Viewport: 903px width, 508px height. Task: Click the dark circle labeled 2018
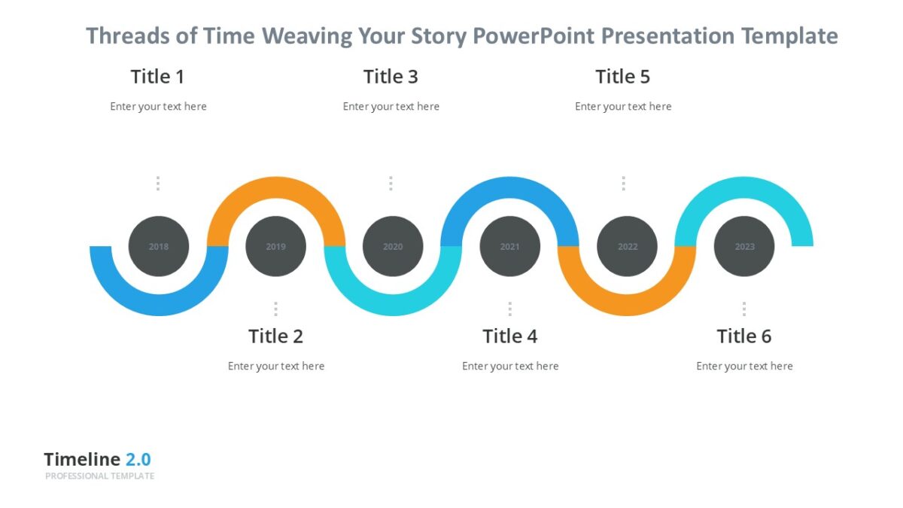coord(159,246)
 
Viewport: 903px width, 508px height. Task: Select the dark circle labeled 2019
coord(275,246)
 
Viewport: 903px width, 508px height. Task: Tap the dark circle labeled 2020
coord(393,246)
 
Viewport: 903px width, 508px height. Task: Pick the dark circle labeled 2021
coord(509,246)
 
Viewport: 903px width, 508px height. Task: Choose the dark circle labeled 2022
coord(627,246)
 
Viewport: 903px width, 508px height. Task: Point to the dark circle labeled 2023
coord(744,246)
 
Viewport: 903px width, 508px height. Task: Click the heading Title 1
coord(157,77)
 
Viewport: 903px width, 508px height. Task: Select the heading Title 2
coord(275,336)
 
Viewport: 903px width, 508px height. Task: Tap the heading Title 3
coord(391,77)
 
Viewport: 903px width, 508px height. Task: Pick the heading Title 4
coord(509,336)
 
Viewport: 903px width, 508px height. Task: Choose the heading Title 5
coord(622,77)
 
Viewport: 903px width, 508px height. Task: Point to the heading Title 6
coord(743,336)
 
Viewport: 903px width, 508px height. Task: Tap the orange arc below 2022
coord(627,305)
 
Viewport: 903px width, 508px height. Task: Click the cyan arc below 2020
coord(393,305)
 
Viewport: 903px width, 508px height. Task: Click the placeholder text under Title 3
coord(391,107)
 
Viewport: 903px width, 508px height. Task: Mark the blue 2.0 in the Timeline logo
coord(138,460)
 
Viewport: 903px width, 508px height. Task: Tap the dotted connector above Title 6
coord(744,309)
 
